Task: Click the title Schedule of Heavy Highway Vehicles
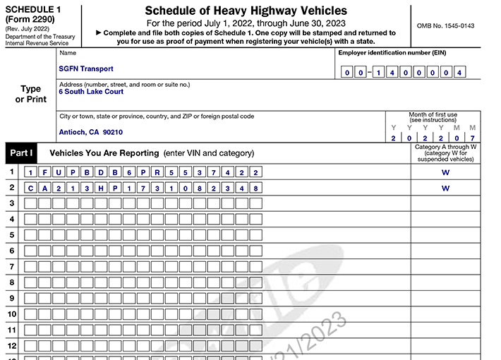(x=246, y=11)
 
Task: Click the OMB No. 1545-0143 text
(x=445, y=26)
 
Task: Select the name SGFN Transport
(x=86, y=69)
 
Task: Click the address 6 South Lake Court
(x=91, y=92)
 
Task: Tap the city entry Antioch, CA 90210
(x=91, y=132)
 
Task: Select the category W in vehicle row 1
(x=445, y=172)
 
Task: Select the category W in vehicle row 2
(x=445, y=188)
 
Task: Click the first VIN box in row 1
(x=30, y=172)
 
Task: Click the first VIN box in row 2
(x=30, y=188)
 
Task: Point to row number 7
(x=11, y=267)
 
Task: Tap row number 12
(x=11, y=346)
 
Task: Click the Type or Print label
(x=30, y=94)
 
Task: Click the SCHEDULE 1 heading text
(x=32, y=8)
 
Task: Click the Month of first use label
(x=433, y=115)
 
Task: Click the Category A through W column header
(x=445, y=147)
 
